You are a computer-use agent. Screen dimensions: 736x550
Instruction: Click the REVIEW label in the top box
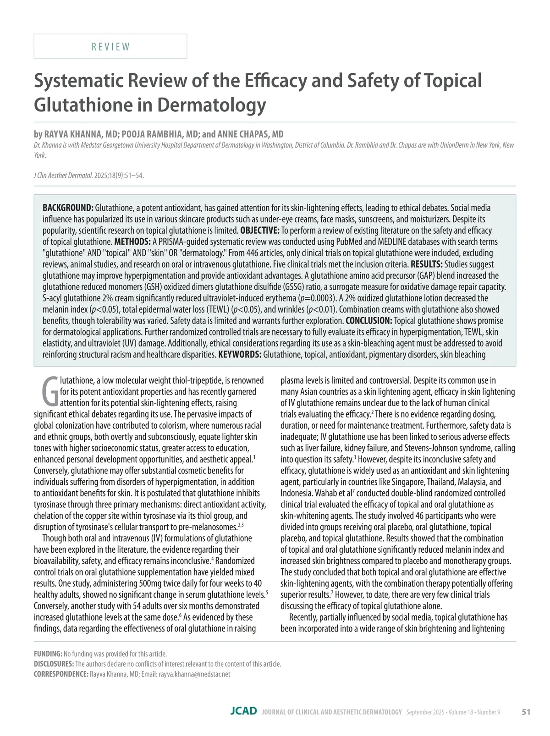point(110,47)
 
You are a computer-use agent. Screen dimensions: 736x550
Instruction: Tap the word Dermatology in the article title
point(211,105)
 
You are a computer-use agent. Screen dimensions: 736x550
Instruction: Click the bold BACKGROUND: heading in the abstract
point(68,208)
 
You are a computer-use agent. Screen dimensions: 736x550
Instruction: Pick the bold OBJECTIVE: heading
point(260,230)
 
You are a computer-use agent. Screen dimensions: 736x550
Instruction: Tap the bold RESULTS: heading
point(426,264)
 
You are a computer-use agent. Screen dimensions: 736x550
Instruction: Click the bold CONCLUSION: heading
point(369,320)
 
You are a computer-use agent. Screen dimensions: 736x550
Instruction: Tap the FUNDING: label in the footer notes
point(48,654)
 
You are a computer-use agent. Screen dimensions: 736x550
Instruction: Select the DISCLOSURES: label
point(54,664)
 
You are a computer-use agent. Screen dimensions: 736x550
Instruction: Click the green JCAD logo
point(243,711)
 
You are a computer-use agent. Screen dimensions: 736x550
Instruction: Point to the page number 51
point(526,712)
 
